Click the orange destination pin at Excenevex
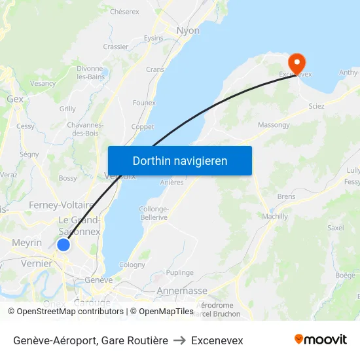pos(297,63)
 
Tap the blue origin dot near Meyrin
pos(63,245)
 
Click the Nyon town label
pos(188,31)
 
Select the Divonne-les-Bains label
pos(92,73)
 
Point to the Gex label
pos(15,99)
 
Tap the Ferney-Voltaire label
pos(62,205)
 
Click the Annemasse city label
pos(182,291)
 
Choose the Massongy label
pos(274,124)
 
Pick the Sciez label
pos(316,106)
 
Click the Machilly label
pos(275,216)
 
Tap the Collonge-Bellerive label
pos(154,213)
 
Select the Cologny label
pos(132,265)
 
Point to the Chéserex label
pos(124,12)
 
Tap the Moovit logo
pos(321,340)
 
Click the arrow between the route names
pos(179,340)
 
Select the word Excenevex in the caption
pos(217,340)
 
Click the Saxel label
pos(336,228)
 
